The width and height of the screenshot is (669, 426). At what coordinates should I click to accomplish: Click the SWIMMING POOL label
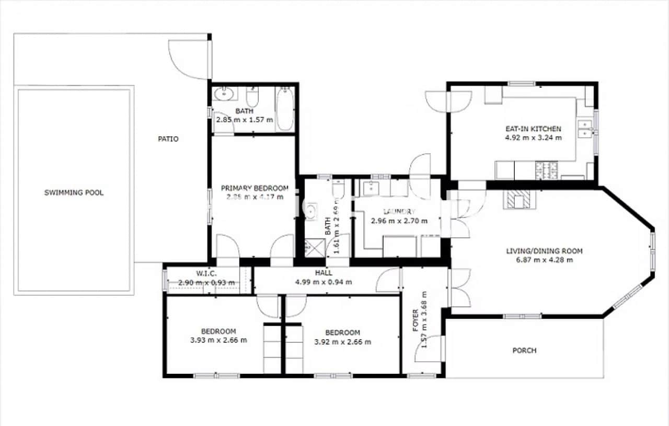click(x=74, y=192)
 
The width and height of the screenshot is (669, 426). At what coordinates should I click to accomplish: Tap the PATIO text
click(x=168, y=139)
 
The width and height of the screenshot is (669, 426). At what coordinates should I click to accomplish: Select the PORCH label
click(x=524, y=350)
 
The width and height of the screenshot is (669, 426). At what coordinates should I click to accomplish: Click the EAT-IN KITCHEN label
click(x=533, y=129)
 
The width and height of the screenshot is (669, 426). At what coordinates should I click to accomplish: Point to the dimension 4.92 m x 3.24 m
click(x=533, y=138)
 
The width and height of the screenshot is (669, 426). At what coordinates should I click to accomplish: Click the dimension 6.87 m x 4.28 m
click(x=544, y=260)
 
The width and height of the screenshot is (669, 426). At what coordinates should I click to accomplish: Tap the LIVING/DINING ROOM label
click(x=544, y=251)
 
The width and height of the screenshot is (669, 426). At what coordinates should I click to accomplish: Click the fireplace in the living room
click(x=519, y=199)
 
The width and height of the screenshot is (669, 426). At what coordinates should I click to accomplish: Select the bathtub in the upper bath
click(x=285, y=109)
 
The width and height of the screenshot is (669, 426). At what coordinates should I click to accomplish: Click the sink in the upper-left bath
click(x=225, y=94)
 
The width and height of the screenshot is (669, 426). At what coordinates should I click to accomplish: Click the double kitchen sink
click(x=586, y=129)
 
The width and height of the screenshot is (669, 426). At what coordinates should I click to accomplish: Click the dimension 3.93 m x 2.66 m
click(x=219, y=340)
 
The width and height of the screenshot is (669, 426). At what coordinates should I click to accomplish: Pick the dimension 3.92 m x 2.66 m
click(x=343, y=342)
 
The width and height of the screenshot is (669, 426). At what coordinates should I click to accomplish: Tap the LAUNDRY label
click(x=399, y=212)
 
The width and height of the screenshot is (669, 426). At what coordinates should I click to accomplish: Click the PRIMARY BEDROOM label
click(x=255, y=188)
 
